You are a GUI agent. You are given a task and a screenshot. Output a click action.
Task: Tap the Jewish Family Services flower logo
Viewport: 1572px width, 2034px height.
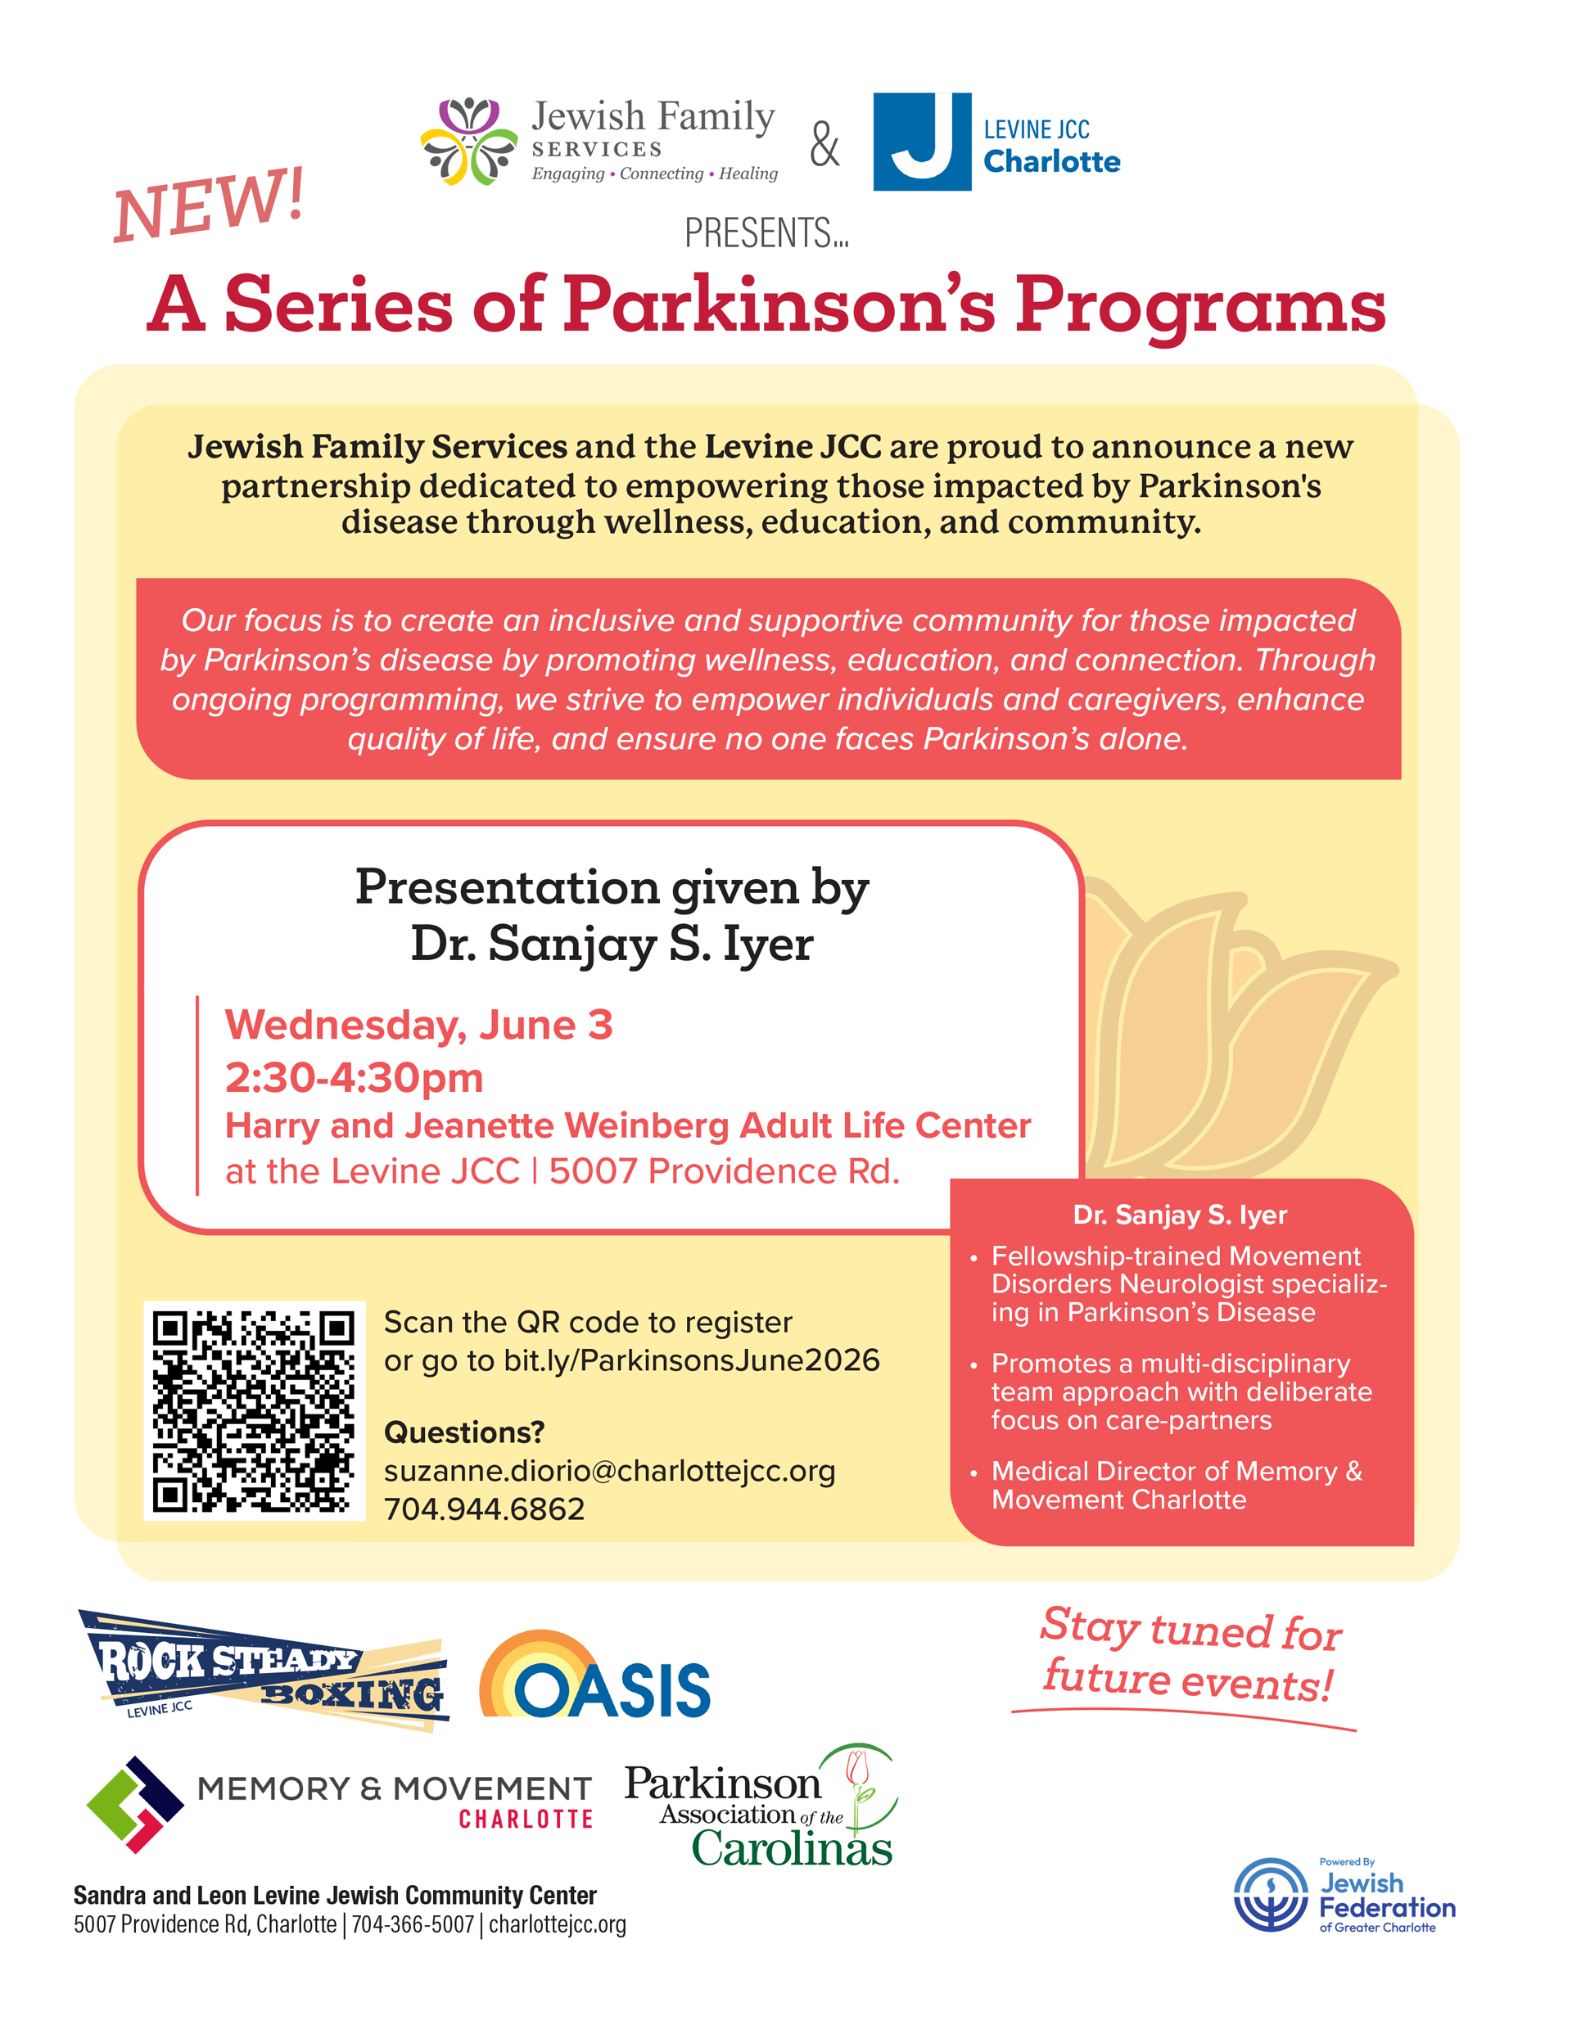point(468,141)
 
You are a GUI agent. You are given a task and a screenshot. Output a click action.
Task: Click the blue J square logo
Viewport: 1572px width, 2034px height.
point(922,142)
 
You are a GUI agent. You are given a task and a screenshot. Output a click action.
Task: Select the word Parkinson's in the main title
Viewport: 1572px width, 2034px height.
point(779,304)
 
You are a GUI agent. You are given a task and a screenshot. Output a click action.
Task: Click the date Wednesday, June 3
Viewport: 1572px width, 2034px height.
point(418,1026)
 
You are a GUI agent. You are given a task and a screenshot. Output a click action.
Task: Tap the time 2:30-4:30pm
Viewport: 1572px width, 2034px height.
point(354,1077)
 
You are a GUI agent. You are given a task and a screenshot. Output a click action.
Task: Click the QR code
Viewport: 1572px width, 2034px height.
point(254,1411)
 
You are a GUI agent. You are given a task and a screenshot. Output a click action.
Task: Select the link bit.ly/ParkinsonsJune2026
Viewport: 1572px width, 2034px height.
point(691,1360)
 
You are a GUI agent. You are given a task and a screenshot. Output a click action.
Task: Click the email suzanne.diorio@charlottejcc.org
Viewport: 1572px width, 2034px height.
point(609,1471)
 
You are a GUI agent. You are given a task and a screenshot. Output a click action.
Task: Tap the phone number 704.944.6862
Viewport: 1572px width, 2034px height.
point(485,1509)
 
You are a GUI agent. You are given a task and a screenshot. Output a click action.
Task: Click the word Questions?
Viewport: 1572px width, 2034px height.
point(464,1432)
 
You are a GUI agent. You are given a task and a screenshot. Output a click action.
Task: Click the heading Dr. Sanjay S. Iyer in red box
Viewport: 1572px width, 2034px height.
point(1180,1215)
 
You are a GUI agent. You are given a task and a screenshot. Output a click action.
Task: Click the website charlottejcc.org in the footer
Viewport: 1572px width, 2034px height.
point(558,1924)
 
